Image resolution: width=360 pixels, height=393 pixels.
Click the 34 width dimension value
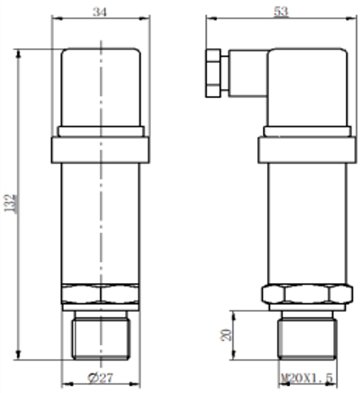[100, 12]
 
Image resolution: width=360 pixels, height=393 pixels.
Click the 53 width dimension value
[281, 12]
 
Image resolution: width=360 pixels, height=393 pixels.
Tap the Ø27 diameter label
[101, 378]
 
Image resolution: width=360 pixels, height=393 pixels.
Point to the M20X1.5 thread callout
[307, 378]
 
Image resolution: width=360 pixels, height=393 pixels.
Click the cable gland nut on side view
[213, 73]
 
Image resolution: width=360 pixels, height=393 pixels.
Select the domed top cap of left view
[101, 88]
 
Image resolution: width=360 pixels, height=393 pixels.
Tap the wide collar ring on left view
[101, 150]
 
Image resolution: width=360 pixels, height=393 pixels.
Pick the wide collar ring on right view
[306, 150]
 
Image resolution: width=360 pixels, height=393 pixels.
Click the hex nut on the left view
[101, 293]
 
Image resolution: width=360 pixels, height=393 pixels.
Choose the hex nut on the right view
[307, 293]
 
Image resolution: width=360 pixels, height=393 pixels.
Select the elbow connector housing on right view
[307, 88]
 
